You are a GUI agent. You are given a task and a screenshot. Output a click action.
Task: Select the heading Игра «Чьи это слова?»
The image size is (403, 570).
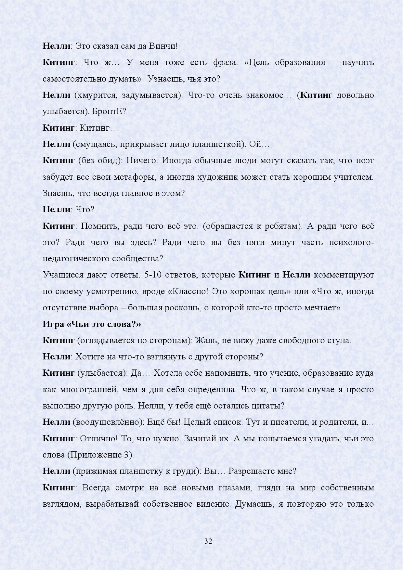(92, 324)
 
